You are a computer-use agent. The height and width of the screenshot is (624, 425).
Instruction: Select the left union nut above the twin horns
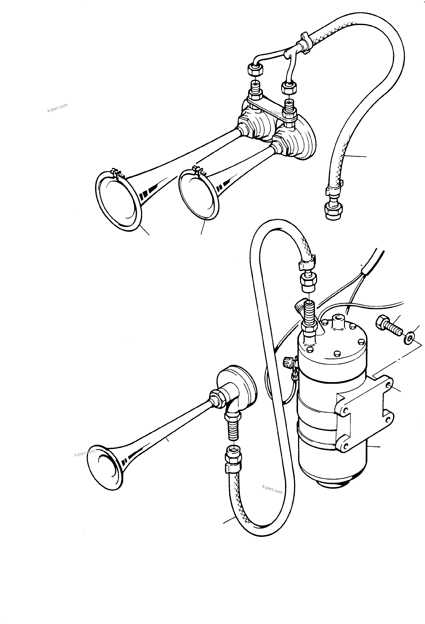(255, 71)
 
